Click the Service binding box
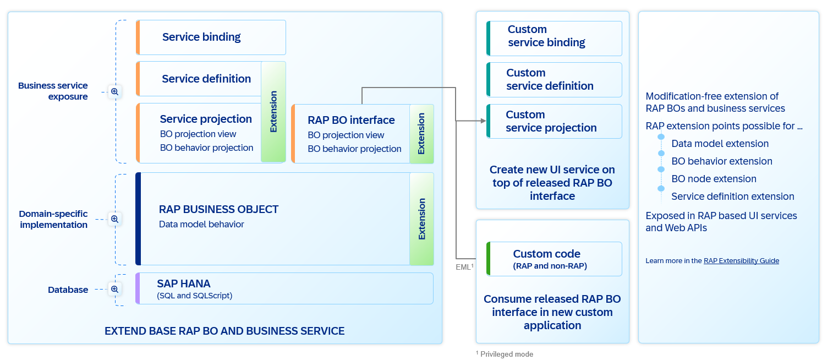pyautogui.click(x=211, y=37)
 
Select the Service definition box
pyautogui.click(x=199, y=79)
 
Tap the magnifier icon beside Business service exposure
pyautogui.click(x=114, y=91)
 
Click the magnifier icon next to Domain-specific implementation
pyautogui.click(x=114, y=219)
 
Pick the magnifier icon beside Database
pyautogui.click(x=114, y=289)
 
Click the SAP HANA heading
pyautogui.click(x=184, y=283)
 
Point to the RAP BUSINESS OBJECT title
pyautogui.click(x=218, y=209)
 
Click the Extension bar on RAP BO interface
pyautogui.click(x=421, y=134)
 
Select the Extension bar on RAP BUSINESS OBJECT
pyautogui.click(x=421, y=219)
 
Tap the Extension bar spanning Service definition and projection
pyautogui.click(x=273, y=112)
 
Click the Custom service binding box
pyautogui.click(x=554, y=39)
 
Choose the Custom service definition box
pyautogui.click(x=554, y=80)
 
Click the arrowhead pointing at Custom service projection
pyautogui.click(x=483, y=121)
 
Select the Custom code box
pyautogui.click(x=554, y=259)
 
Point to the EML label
pyautogui.click(x=464, y=266)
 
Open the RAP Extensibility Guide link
pyautogui.click(x=741, y=261)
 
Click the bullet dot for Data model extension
pyautogui.click(x=661, y=137)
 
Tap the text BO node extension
pyautogui.click(x=714, y=179)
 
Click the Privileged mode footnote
pyautogui.click(x=505, y=354)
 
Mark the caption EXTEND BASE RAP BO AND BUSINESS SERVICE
pyautogui.click(x=224, y=331)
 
